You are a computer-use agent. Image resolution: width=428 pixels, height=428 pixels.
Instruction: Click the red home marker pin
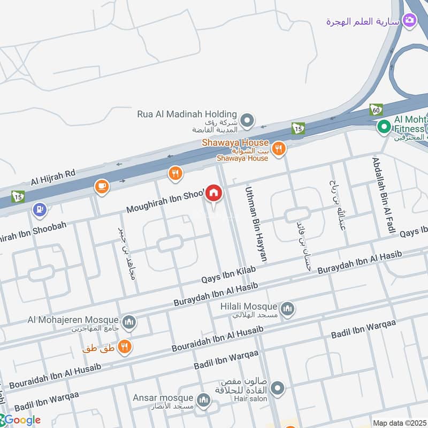[214, 193]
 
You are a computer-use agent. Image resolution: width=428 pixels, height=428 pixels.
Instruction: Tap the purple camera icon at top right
[410, 21]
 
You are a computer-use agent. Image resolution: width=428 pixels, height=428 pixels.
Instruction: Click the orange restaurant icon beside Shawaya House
[278, 149]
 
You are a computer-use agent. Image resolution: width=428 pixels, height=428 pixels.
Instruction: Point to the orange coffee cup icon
[101, 186]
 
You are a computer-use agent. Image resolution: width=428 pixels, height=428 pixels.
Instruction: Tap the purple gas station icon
[39, 210]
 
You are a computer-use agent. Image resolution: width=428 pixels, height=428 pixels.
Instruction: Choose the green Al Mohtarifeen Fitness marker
[383, 127]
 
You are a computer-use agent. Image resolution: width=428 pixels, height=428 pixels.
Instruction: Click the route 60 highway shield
[376, 110]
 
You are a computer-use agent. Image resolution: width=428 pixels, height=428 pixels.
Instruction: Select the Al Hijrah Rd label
[53, 177]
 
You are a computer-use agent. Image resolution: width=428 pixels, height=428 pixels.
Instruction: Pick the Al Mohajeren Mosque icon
[129, 322]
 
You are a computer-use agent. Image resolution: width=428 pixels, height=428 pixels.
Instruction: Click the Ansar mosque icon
[203, 400]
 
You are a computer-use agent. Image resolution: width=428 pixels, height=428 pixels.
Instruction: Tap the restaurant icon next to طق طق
[125, 347]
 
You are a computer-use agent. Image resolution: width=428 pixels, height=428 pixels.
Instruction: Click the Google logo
[21, 420]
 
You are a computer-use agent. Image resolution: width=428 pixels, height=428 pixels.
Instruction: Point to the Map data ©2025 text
[400, 423]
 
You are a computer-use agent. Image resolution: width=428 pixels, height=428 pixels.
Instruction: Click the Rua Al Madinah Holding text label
[187, 114]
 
